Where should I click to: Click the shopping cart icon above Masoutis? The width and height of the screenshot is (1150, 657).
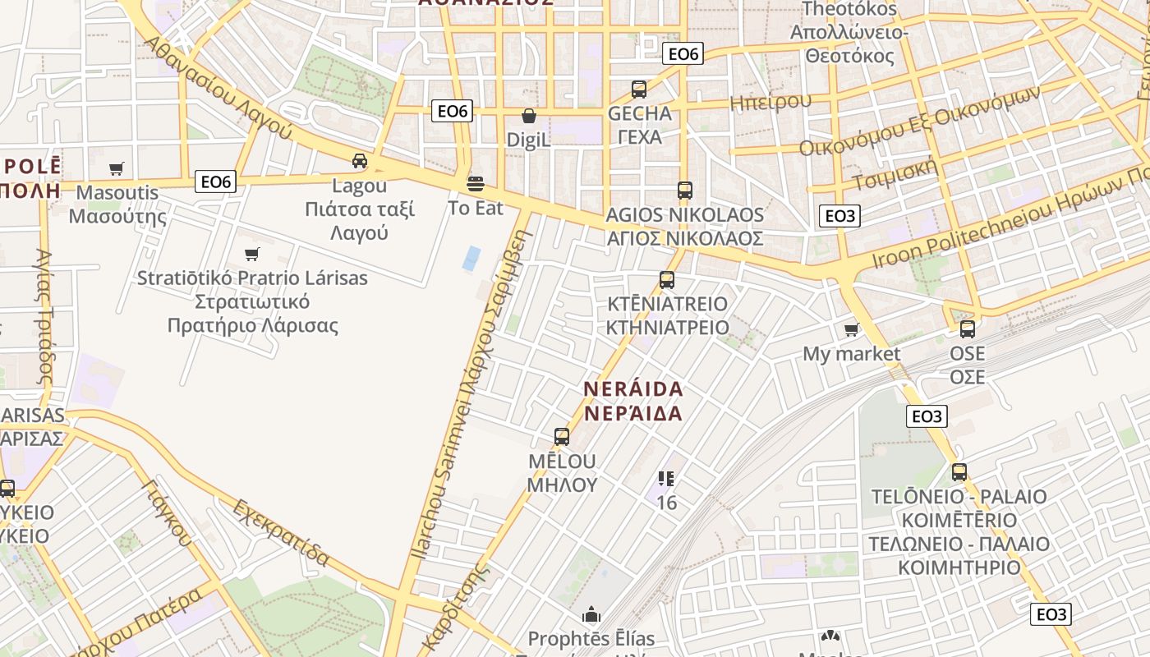117,168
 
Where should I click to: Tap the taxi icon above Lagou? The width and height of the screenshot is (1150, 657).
360,160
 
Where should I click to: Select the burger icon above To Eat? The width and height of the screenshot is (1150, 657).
476,182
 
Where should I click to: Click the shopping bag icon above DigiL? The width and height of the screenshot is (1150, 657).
529,116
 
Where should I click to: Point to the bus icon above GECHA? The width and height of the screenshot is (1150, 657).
639,90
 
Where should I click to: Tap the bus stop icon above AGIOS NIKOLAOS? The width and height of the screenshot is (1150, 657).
685,191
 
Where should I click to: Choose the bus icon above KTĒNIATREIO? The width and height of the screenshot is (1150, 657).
667,279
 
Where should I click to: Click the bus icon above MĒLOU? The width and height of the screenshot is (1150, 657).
562,436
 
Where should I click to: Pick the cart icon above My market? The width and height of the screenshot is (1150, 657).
852,329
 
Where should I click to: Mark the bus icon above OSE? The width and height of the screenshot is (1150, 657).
968,329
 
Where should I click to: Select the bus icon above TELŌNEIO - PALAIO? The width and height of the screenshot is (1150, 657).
959,472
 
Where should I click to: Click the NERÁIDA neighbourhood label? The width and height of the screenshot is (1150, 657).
633,400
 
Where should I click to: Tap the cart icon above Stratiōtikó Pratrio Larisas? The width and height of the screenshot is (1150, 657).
252,254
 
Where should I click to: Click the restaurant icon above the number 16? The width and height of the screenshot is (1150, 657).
666,478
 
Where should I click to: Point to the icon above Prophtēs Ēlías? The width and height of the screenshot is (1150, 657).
591,614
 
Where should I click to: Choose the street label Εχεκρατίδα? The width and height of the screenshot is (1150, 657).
281,532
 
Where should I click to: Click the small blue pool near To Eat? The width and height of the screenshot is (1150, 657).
471,259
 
